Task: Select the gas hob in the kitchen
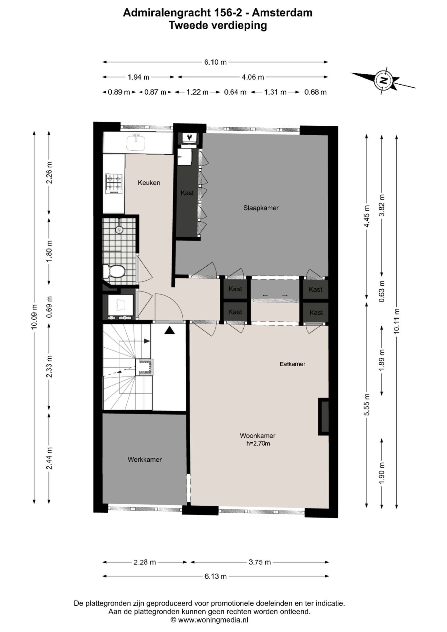pyautogui.click(x=114, y=184)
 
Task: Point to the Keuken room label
pyautogui.click(x=149, y=183)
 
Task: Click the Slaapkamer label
pyautogui.click(x=261, y=208)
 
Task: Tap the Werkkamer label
pyautogui.click(x=145, y=459)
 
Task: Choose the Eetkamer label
pyautogui.click(x=292, y=364)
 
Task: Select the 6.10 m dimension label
pyautogui.click(x=215, y=62)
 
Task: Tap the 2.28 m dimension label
pyautogui.click(x=145, y=562)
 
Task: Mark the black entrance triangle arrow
pyautogui.click(x=170, y=330)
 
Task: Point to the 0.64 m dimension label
pyautogui.click(x=235, y=92)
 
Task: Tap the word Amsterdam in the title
pyautogui.click(x=282, y=13)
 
